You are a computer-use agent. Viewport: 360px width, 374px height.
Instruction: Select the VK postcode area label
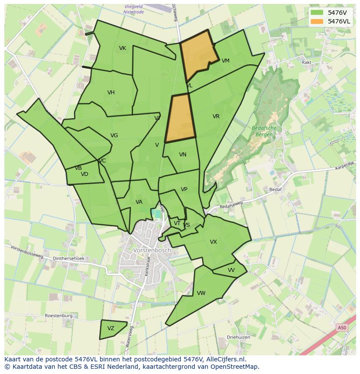pyautogui.click(x=123, y=48)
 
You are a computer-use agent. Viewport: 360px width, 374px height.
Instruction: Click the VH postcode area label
pyautogui.click(x=111, y=93)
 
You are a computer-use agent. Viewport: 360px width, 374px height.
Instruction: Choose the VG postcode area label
pyautogui.click(x=114, y=136)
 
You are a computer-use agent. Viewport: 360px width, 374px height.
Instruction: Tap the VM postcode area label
pyautogui.click(x=225, y=61)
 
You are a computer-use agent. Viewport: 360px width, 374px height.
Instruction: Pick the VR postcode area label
pyautogui.click(x=216, y=116)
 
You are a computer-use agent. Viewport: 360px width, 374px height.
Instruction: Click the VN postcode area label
pyautogui.click(x=183, y=155)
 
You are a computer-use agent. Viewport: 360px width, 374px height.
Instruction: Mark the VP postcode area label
pyautogui.click(x=184, y=189)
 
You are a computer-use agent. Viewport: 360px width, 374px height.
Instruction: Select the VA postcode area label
pyautogui.click(x=139, y=202)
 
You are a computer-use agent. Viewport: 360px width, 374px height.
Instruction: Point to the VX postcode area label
pyautogui.click(x=213, y=242)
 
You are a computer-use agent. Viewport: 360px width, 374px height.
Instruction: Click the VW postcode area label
pyautogui.click(x=201, y=293)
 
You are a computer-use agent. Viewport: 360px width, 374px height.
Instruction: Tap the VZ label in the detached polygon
pyautogui.click(x=111, y=328)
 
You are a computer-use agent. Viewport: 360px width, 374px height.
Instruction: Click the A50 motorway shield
pyautogui.click(x=342, y=328)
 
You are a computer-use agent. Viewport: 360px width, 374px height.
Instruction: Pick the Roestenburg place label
pyautogui.click(x=59, y=316)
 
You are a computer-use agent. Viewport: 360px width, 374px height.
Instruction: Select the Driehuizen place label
pyautogui.click(x=238, y=337)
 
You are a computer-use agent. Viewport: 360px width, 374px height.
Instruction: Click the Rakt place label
pyautogui.click(x=307, y=63)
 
